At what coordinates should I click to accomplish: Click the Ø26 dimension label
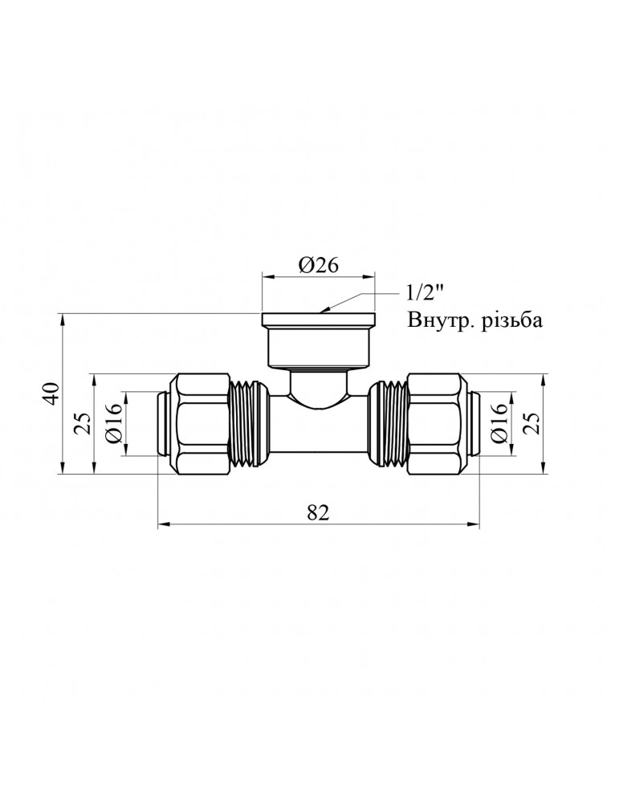tap(318, 265)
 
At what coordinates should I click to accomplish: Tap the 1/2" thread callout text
tap(425, 295)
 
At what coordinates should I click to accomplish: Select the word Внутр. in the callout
tap(438, 321)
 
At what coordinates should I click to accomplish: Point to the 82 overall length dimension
tap(319, 512)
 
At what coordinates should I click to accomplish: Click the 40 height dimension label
tap(53, 394)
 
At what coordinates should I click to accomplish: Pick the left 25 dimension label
tap(85, 423)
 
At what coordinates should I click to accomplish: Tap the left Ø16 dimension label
tap(114, 423)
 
